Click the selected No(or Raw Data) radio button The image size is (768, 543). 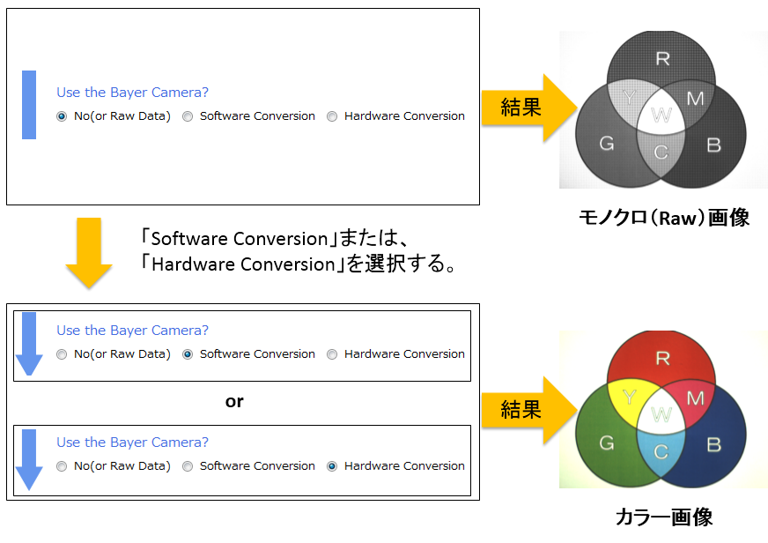(x=62, y=116)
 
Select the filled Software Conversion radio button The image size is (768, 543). (x=188, y=354)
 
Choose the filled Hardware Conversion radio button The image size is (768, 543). (x=332, y=466)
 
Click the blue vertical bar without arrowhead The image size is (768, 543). (x=29, y=105)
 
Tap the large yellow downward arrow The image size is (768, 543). (x=89, y=253)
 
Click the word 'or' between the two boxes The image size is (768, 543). (x=234, y=401)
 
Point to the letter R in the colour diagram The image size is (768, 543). (x=662, y=358)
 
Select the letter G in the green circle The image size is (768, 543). (x=606, y=443)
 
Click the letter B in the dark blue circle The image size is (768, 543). (x=713, y=444)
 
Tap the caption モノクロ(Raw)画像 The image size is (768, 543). (x=664, y=218)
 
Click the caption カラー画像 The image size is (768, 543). (x=664, y=517)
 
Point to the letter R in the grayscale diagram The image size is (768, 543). (x=662, y=59)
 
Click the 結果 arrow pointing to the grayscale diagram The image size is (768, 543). (x=529, y=108)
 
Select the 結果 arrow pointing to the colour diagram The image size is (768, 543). (x=529, y=410)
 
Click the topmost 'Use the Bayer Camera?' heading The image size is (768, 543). (x=132, y=93)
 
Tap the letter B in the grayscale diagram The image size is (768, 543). (x=713, y=145)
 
